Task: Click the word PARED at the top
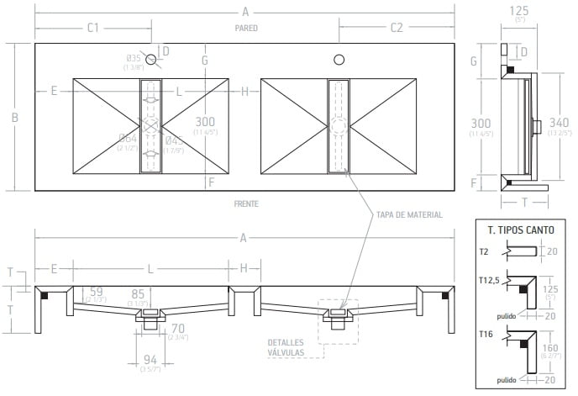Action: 246,29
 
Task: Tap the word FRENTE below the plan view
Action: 246,204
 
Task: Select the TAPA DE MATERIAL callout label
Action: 410,215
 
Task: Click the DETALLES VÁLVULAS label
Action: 286,348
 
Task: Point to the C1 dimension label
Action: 92,28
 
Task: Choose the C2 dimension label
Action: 397,28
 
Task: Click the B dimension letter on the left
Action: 15,118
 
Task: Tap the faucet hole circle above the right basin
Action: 339,60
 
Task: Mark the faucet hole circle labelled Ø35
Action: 150,60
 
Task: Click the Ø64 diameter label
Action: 128,139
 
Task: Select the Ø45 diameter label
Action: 174,140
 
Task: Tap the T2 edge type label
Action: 485,251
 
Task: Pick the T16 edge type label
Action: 486,334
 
